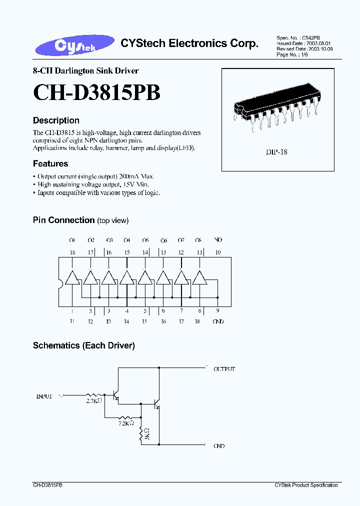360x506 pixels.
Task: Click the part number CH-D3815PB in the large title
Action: tap(96, 93)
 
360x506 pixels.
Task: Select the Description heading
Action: tap(56, 120)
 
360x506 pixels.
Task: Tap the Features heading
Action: tap(50, 163)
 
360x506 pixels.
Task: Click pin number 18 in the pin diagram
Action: tap(72, 252)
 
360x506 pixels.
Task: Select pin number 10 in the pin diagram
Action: tap(217, 252)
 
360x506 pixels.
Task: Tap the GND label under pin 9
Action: tap(218, 321)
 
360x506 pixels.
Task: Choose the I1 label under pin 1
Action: tap(72, 321)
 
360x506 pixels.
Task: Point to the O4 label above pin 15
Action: tap(127, 240)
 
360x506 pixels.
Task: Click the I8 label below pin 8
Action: tap(197, 321)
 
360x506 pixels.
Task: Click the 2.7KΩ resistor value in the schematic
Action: tap(94, 401)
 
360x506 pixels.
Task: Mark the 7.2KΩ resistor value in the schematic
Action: tap(126, 423)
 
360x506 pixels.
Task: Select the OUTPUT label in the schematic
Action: tap(224, 369)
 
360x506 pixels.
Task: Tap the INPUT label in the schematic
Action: tap(44, 396)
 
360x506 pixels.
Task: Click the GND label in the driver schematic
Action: tap(219, 446)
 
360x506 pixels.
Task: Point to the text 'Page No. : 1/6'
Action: tap(292, 54)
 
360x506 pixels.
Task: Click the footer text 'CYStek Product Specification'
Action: tap(306, 485)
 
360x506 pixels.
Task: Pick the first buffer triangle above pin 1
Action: tap(72, 277)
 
